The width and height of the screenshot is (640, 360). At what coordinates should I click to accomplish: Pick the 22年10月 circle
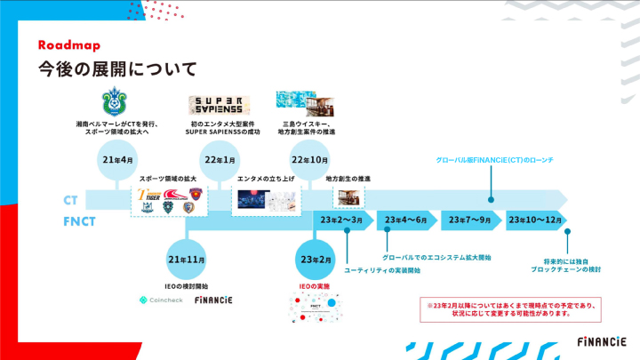(309, 160)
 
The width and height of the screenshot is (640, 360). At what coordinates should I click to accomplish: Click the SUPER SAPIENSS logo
(212, 102)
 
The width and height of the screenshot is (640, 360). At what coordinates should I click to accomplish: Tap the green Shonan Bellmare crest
(117, 100)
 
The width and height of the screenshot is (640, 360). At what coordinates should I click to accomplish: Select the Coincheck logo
(161, 300)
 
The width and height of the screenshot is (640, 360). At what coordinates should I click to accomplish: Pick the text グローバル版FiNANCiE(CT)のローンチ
(492, 159)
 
